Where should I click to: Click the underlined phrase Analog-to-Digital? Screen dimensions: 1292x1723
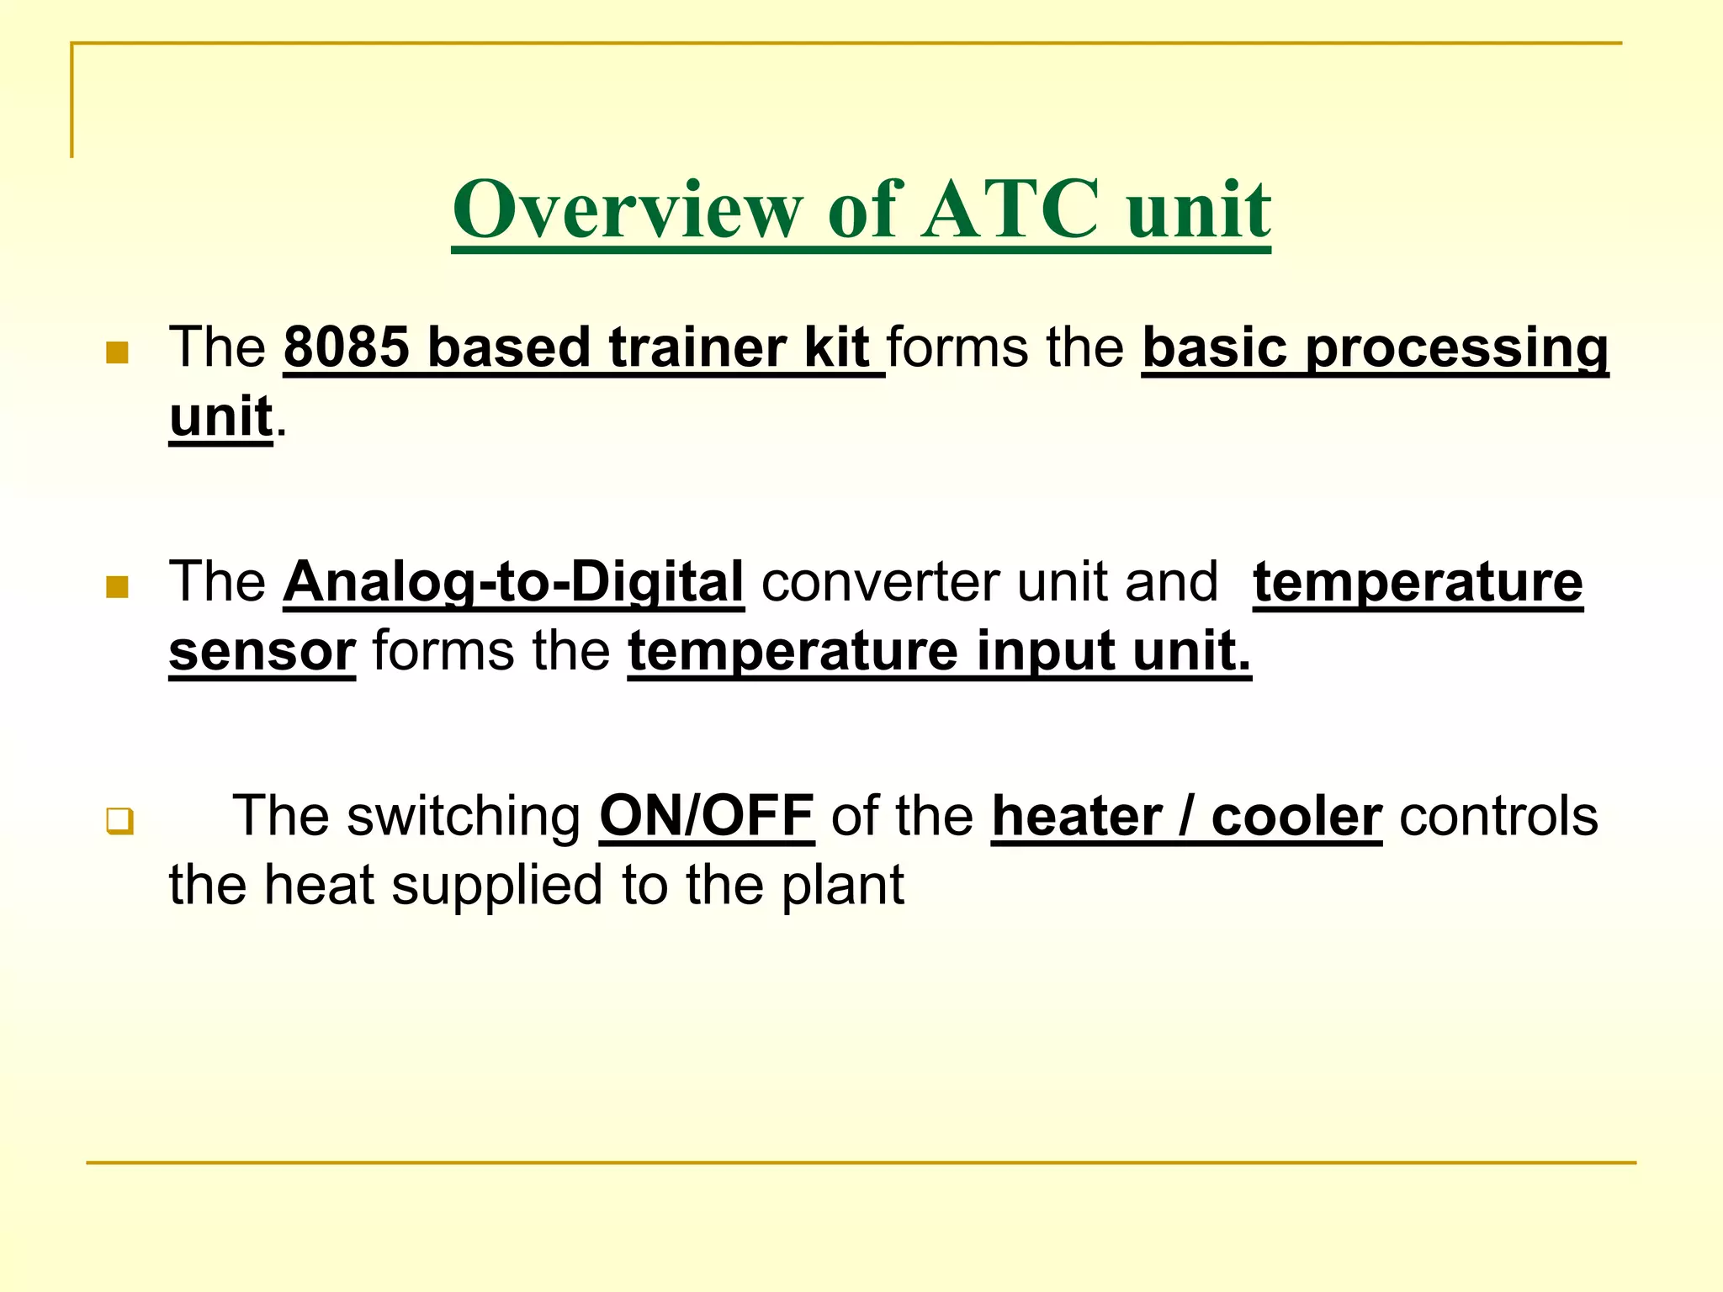point(513,582)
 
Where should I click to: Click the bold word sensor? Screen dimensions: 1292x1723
point(262,651)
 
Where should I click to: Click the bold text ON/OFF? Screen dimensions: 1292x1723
point(707,816)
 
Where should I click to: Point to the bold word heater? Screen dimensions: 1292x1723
point(1076,816)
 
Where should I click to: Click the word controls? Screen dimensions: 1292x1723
point(1498,816)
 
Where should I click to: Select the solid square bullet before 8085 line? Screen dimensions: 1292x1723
point(117,352)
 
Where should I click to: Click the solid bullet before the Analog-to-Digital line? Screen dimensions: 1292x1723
point(117,586)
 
